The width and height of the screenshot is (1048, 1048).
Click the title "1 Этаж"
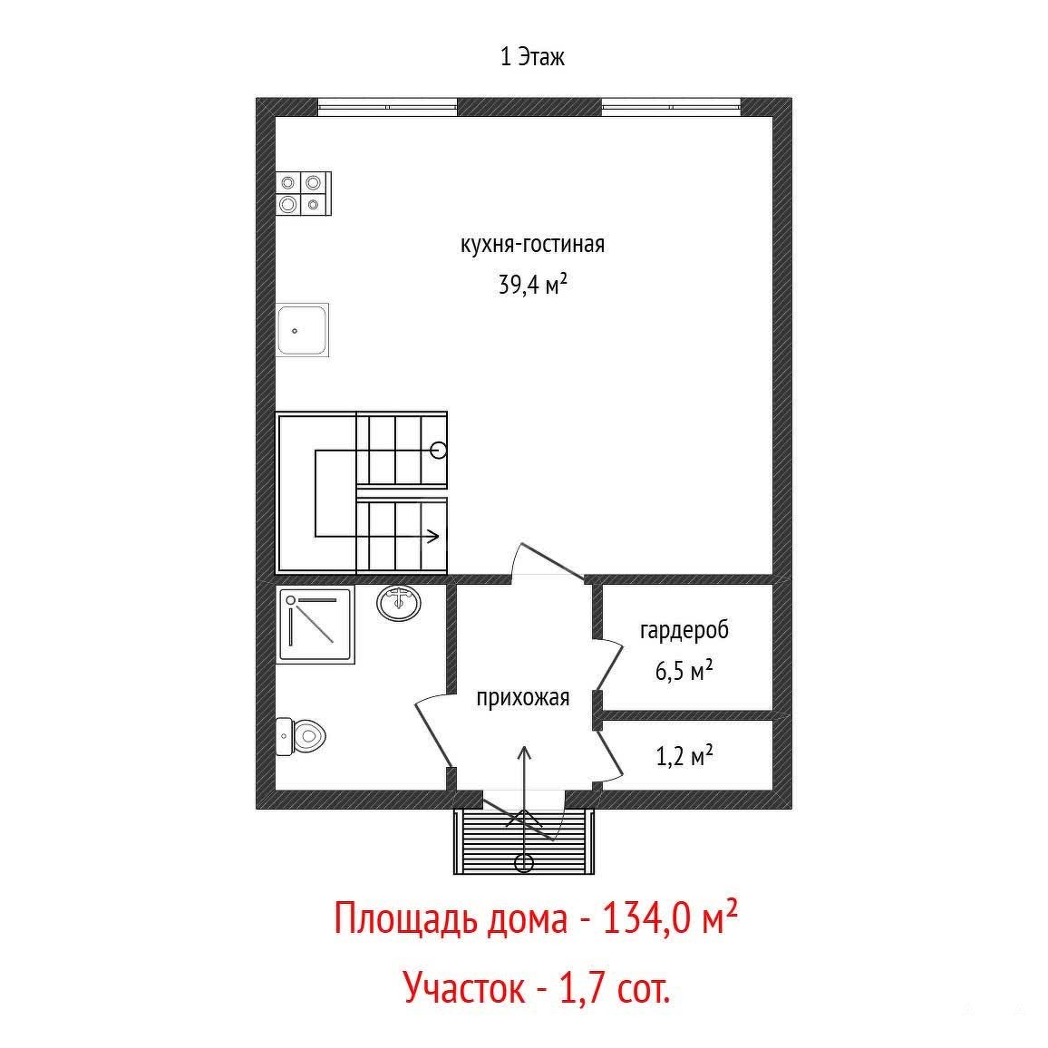pos(532,57)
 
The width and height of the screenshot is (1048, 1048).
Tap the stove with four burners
pos(304,194)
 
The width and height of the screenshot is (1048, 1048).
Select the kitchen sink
pos(302,329)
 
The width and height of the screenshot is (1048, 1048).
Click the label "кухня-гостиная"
pos(532,245)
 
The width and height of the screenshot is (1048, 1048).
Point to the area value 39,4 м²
pos(533,284)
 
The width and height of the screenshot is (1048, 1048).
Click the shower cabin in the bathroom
pos(315,626)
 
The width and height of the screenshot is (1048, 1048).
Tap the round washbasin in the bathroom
pos(399,603)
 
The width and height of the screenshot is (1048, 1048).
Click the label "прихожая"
pos(523,698)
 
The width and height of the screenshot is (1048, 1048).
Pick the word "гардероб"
pos(684,630)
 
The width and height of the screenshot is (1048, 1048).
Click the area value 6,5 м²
pos(684,670)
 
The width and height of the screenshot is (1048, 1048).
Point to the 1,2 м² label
pos(684,756)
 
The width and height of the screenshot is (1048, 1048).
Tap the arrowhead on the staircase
pos(433,536)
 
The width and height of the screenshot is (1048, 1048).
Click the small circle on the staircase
pos(439,451)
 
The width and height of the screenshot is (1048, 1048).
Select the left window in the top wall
pos(387,106)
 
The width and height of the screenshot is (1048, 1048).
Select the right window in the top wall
pos(671,106)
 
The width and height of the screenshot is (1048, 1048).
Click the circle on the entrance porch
pos(524,863)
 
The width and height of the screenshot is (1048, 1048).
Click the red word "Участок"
pos(464,987)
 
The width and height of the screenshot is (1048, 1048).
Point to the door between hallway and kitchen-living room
pos(548,561)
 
